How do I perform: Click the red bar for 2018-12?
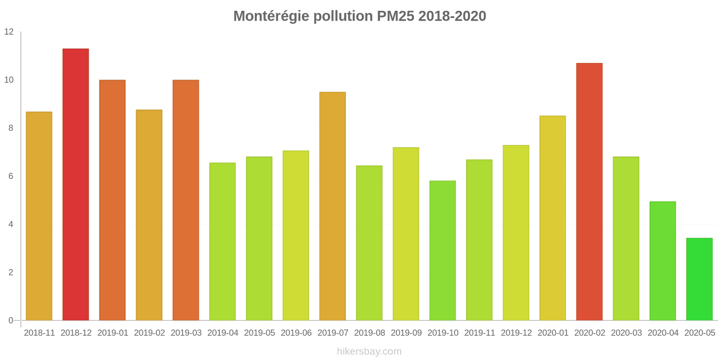tap(76, 184)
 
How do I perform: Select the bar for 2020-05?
tap(699, 279)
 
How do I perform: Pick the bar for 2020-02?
tap(589, 192)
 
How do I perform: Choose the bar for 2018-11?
tap(39, 216)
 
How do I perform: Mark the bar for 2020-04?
tap(662, 261)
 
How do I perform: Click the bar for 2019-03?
tap(186, 200)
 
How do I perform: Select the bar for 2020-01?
tap(553, 218)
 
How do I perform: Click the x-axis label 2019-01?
tap(112, 333)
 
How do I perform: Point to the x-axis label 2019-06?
tap(296, 333)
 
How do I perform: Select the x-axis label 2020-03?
tap(626, 333)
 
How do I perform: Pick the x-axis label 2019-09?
tap(406, 333)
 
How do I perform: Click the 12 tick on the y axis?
tap(9, 32)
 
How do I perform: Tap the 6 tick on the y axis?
tap(11, 176)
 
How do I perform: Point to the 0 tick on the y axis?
tap(11, 320)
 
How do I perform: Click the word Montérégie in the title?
tap(271, 16)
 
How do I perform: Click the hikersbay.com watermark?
tap(369, 351)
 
